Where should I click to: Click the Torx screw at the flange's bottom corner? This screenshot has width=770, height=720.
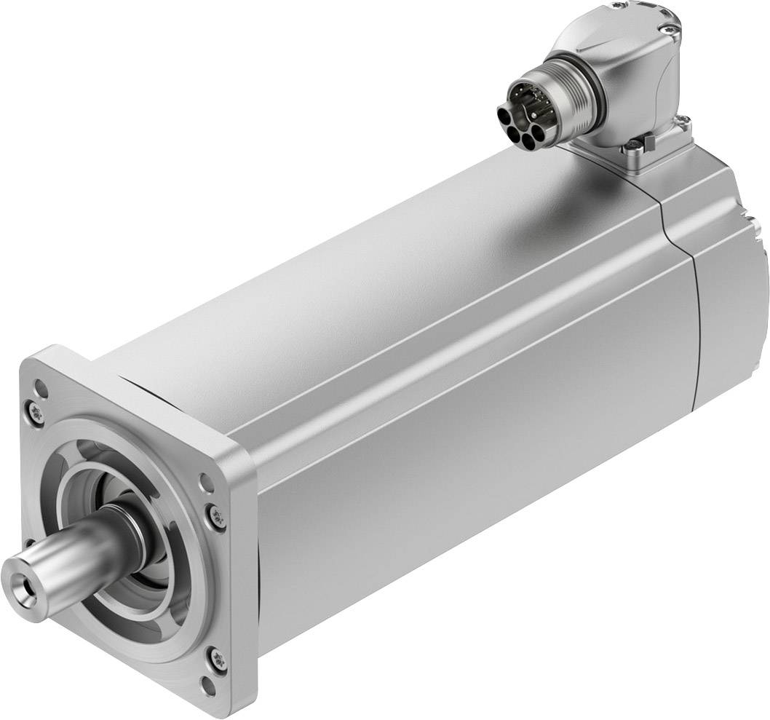(x=217, y=660)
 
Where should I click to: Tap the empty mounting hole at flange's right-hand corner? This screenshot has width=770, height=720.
(x=206, y=481)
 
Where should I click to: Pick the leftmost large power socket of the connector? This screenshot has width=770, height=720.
(x=505, y=116)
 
